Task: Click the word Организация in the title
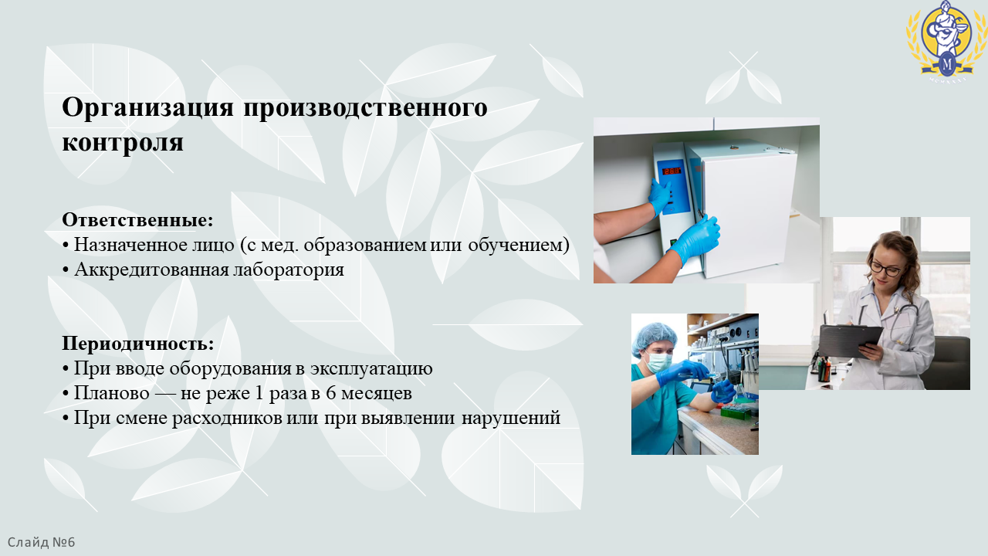pos(147,108)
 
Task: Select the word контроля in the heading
pos(123,142)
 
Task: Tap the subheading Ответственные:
pos(137,220)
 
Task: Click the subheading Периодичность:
pos(138,344)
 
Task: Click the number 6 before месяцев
pos(331,393)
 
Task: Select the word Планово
pos(112,393)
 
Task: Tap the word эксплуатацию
pos(371,368)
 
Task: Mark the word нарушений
pos(511,418)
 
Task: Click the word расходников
pos(227,418)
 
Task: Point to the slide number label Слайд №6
pos(42,542)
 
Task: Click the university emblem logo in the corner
pos(946,42)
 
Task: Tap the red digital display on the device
pos(672,171)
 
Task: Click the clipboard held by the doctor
pos(851,341)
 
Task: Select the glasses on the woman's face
pos(885,268)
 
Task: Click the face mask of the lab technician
pos(659,362)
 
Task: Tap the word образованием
pos(365,245)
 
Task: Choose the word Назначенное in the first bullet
pos(130,245)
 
